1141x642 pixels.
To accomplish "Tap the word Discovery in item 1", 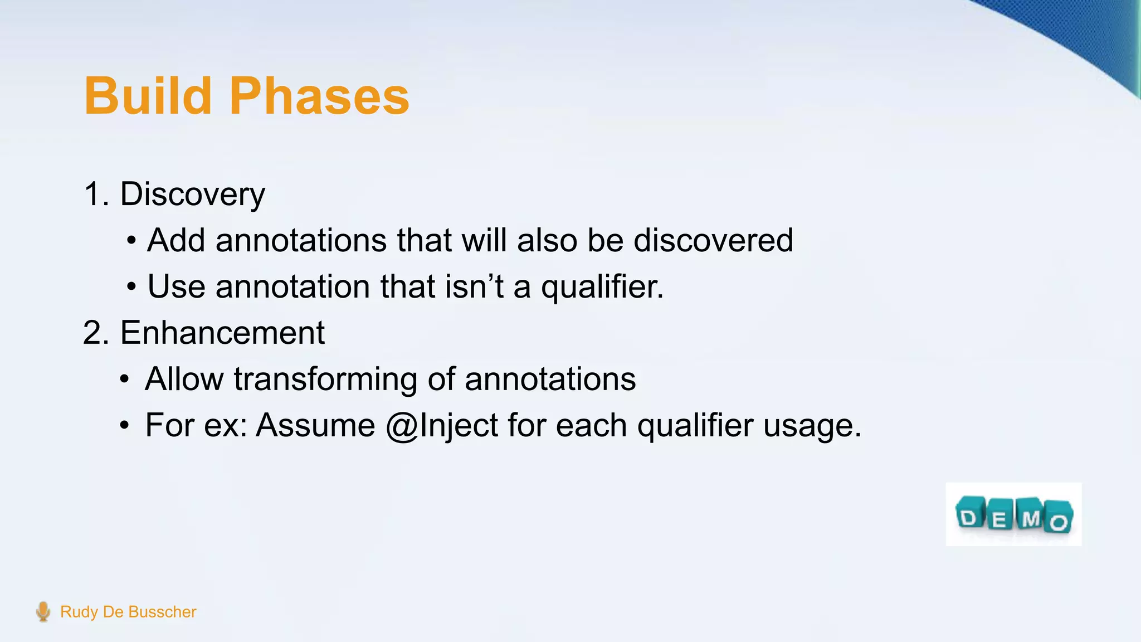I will (192, 194).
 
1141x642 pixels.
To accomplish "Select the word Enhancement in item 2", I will (222, 333).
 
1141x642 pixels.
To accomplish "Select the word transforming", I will (325, 380).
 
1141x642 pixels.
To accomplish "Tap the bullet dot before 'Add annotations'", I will (131, 241).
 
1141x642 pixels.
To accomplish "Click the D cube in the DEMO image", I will (969, 516).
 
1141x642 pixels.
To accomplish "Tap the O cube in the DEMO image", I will (1059, 519).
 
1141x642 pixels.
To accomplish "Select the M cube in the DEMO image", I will (1030, 515).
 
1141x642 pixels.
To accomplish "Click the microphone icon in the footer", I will (43, 611).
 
